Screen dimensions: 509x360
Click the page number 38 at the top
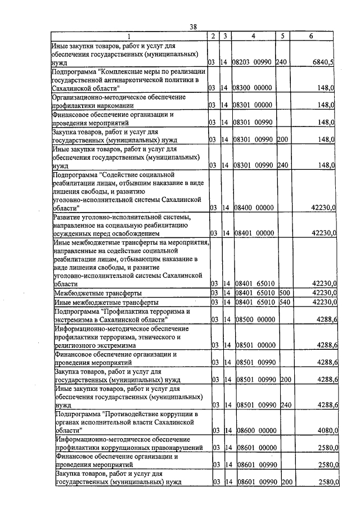[x=193, y=26]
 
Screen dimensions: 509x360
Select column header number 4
[x=253, y=36]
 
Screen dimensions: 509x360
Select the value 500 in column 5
[x=284, y=292]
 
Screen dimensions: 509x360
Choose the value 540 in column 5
[x=284, y=302]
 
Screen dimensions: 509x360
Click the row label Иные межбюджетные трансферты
[x=106, y=303]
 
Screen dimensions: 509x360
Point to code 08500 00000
[x=253, y=319]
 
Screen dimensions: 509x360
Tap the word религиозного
[x=76, y=345]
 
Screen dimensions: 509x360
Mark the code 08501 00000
[x=253, y=345]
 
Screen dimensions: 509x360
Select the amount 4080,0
[x=326, y=430]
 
